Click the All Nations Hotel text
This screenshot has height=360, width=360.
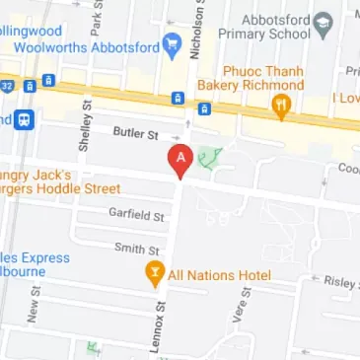219,274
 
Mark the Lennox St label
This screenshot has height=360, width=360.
158,329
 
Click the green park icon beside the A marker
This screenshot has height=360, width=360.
209,157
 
